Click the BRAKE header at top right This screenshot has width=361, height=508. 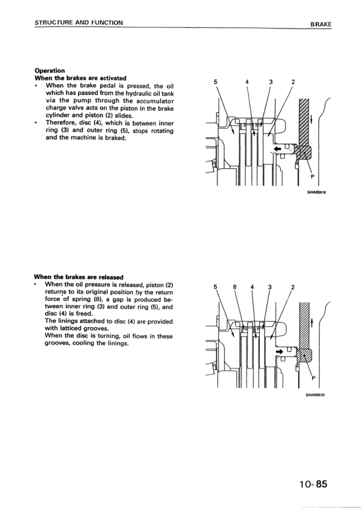click(321, 24)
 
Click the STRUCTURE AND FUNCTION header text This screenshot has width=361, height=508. click(79, 22)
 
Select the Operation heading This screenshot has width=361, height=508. click(50, 71)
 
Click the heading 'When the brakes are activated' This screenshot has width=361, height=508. click(81, 78)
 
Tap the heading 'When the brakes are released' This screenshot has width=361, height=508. click(79, 277)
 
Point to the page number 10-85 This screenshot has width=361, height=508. click(313, 484)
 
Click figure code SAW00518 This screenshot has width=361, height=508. click(316, 193)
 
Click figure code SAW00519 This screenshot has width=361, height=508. click(315, 395)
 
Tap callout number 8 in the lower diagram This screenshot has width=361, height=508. click(235, 287)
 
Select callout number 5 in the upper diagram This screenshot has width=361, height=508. click(216, 82)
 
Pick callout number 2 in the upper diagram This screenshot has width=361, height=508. click(293, 82)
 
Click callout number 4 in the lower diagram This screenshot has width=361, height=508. click(253, 287)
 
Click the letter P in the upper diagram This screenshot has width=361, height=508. click(313, 177)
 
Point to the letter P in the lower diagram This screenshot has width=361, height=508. click(313, 378)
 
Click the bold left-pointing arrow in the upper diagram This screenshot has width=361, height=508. click(277, 149)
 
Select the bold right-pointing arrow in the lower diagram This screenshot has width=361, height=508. click(279, 351)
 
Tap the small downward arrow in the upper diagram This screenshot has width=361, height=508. click(312, 119)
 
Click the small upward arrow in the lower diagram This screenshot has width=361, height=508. click(312, 323)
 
